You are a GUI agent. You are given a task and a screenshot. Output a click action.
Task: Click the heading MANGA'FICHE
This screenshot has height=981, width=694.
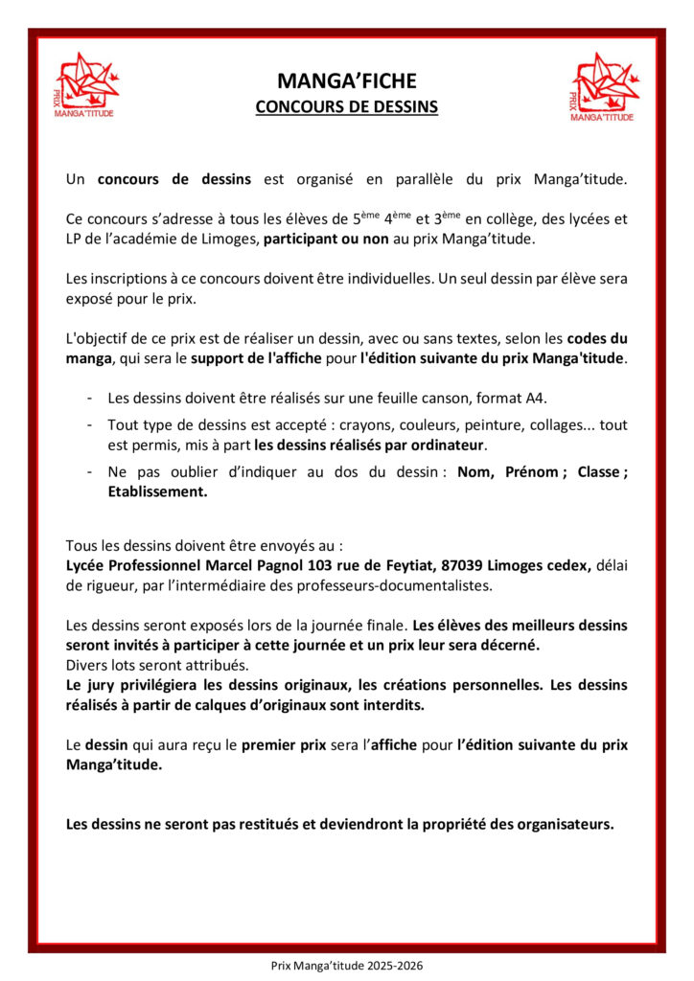tap(346, 81)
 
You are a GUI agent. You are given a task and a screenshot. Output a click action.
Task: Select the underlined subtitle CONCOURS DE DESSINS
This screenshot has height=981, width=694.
tap(346, 107)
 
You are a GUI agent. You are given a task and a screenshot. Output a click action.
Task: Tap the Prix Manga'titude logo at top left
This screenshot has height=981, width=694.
tap(87, 86)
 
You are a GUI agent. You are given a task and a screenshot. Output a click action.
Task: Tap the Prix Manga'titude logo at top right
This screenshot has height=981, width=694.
tap(603, 86)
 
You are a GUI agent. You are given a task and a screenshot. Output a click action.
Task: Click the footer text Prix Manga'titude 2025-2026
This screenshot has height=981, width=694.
tap(346, 966)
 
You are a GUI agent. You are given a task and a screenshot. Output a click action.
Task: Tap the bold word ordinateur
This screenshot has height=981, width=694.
tap(450, 445)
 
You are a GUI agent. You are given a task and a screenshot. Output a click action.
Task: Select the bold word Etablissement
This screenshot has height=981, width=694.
tap(157, 491)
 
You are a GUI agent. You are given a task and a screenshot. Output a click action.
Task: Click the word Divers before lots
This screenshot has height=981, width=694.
tap(86, 664)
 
